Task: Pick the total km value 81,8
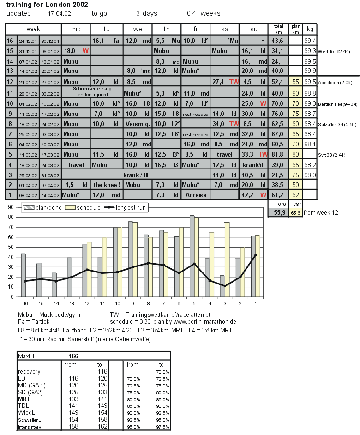coord(278,154)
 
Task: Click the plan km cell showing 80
coord(296,154)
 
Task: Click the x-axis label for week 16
coord(24,303)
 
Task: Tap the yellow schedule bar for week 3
coord(227,259)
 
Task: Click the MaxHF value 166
coord(73,356)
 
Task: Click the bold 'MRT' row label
coord(24,398)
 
